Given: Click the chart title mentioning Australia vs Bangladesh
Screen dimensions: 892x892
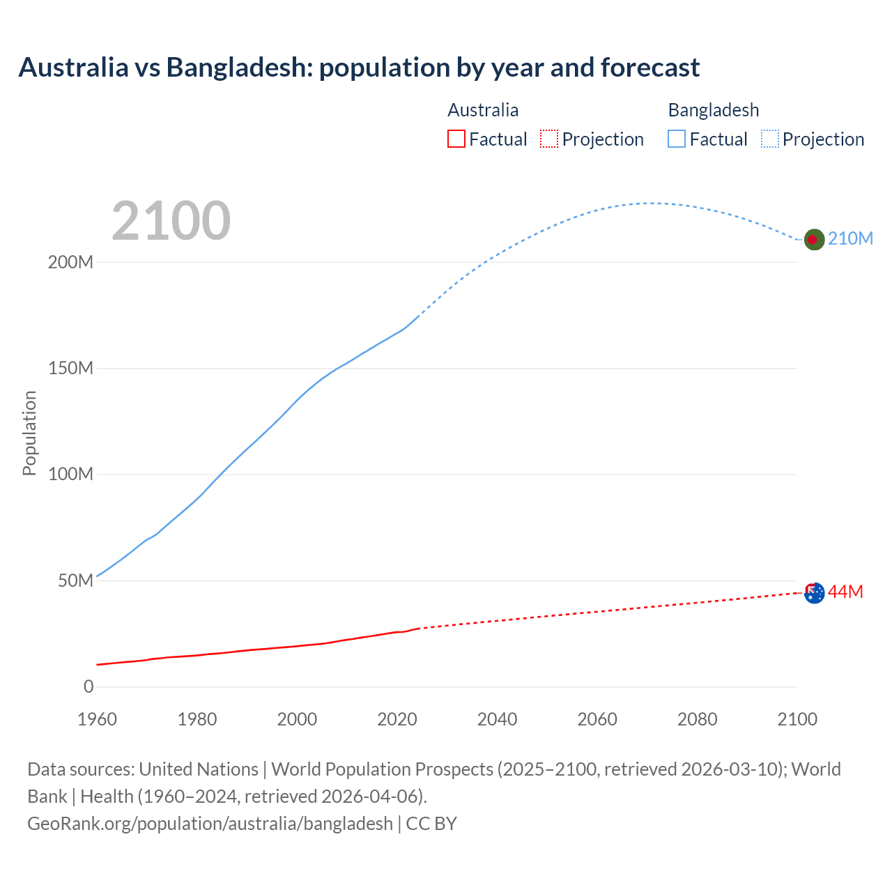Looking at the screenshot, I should point(359,68).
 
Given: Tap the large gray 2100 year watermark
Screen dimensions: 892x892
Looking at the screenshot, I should point(171,221).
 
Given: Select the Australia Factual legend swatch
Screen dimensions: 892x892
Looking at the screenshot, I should point(456,139).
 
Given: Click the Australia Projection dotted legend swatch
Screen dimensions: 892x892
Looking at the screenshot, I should point(549,139).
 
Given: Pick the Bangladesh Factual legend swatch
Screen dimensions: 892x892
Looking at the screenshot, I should point(677,139).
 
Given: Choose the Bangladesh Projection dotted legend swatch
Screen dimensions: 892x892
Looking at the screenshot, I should point(769,139).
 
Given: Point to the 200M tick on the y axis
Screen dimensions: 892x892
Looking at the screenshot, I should point(70,263).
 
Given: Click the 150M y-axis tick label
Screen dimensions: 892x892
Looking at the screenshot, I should point(70,369).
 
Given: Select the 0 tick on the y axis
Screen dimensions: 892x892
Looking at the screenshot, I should point(89,687).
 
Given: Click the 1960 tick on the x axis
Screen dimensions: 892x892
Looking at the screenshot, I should point(98,719).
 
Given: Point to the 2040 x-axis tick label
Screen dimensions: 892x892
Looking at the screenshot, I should point(497,719).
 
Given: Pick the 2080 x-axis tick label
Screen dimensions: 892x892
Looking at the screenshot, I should point(697,719).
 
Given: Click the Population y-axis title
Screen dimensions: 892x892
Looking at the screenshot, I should point(29,433).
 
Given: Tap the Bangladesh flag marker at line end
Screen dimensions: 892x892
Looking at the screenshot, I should point(814,239).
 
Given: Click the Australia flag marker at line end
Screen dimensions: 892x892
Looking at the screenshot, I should point(814,592).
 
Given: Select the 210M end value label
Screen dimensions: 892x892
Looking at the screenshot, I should point(850,238).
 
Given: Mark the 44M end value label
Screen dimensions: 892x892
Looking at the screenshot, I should point(845,592).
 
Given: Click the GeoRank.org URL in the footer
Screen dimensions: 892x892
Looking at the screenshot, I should point(210,824).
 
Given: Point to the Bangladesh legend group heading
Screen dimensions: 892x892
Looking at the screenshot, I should point(713,110).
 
